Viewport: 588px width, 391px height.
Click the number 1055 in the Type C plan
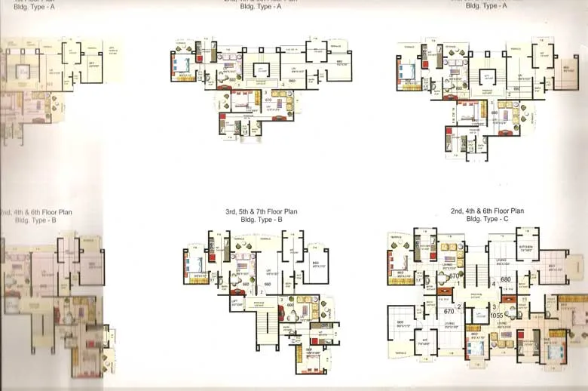click(x=498, y=316)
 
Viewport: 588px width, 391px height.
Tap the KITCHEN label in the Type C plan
click(x=525, y=248)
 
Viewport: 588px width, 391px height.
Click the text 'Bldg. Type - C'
click(x=487, y=219)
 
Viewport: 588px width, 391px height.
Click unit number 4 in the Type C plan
click(x=494, y=284)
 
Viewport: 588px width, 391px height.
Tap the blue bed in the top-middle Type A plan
click(x=185, y=65)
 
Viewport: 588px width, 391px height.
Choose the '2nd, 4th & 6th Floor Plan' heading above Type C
click(x=487, y=211)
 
